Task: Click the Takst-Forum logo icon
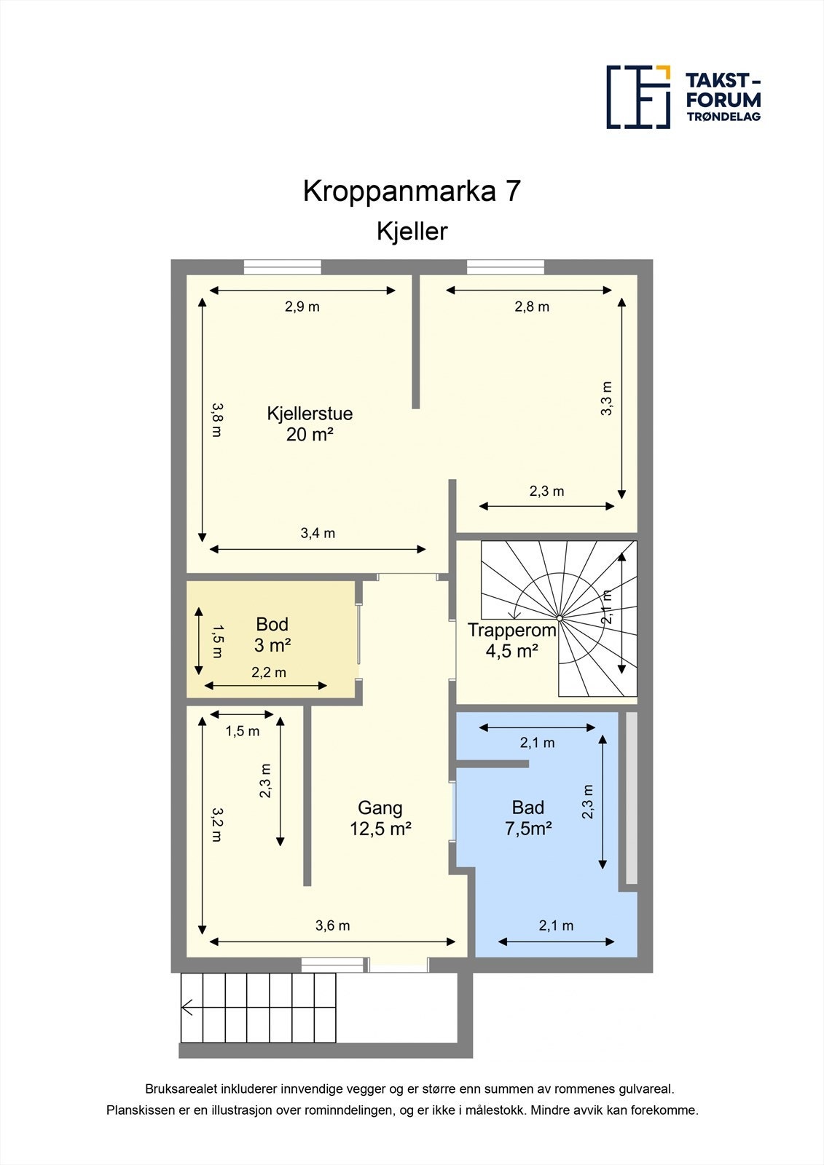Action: pos(638,97)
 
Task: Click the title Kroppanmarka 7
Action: pos(412,191)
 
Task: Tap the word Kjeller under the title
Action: pos(412,232)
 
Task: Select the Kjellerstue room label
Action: pos(310,414)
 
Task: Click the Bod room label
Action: pos(272,624)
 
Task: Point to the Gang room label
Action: pos(380,807)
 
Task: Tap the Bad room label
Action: pos(527,807)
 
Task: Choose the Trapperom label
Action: pos(511,631)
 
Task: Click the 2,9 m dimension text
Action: pos(302,307)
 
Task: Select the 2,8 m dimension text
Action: pos(532,307)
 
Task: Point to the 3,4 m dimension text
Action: pos(318,533)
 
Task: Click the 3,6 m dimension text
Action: pos(332,925)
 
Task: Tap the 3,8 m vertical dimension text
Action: pos(216,420)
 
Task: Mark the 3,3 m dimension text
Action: pos(606,398)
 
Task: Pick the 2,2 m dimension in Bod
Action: pos(269,672)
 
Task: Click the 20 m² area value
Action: pos(310,435)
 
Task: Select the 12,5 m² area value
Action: pos(380,829)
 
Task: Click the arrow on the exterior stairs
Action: pos(187,1008)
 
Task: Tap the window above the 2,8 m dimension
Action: pos(505,267)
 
